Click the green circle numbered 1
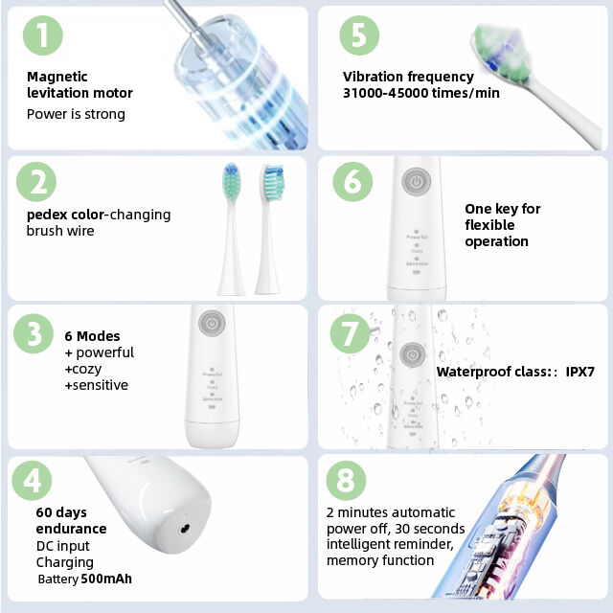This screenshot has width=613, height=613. [42, 35]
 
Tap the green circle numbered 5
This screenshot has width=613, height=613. [358, 35]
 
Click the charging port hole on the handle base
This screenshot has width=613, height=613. [183, 527]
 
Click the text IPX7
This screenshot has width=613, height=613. [580, 372]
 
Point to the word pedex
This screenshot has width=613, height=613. [46, 215]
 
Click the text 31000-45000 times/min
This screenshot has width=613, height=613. [420, 93]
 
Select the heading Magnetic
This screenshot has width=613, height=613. [57, 77]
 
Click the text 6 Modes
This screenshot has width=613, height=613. [92, 336]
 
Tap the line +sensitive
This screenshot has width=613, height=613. [96, 385]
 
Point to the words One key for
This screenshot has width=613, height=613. [502, 209]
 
